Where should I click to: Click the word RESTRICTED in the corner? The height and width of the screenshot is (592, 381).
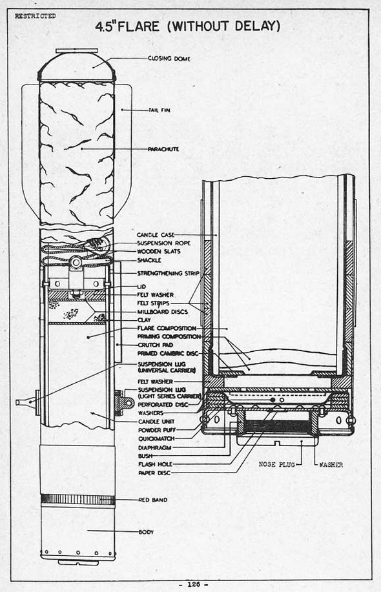35,16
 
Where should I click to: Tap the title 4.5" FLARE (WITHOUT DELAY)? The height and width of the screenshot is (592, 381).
188,27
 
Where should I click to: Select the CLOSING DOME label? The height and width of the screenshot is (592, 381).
169,59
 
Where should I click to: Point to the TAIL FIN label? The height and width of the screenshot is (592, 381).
159,110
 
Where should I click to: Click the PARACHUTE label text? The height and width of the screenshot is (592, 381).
163,149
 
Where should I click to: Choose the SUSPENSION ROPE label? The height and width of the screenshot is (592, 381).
164,243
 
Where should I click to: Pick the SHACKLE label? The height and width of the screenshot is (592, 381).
149,260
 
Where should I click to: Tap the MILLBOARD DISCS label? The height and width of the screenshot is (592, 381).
162,312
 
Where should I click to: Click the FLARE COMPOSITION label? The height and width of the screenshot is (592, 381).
167,329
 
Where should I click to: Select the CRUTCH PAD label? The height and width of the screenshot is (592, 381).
156,345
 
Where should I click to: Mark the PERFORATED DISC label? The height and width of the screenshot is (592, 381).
163,405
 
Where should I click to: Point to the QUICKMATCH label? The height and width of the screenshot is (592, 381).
156,439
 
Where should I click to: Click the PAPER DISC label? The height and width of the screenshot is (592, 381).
154,473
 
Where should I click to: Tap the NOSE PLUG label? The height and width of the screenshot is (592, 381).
277,464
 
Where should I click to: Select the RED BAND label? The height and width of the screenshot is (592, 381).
153,500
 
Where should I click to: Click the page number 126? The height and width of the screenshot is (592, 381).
194,584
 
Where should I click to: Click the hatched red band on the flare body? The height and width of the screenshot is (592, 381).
77,500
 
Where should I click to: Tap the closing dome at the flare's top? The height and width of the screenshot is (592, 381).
77,66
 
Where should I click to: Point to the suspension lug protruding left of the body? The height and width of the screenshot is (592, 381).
27,402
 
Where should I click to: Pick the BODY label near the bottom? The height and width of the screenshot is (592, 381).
146,532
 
